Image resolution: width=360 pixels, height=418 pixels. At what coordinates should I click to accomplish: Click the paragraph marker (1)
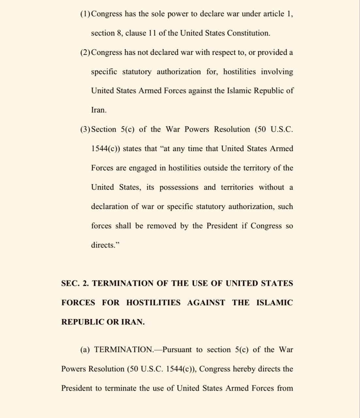tap(86, 14)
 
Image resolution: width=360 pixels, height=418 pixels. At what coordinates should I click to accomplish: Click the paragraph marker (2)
tap(86, 53)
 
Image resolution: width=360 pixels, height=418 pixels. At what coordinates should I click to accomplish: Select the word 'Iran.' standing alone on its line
tap(99, 110)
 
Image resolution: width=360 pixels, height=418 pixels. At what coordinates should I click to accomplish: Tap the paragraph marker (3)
tap(86, 129)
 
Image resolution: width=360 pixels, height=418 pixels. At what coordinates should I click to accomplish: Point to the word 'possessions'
tap(179, 187)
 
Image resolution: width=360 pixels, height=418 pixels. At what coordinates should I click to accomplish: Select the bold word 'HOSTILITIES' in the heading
tap(153, 303)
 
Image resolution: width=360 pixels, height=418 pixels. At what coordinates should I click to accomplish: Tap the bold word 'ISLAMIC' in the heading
tap(274, 303)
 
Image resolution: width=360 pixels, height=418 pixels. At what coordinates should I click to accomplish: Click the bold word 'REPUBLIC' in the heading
tap(83, 322)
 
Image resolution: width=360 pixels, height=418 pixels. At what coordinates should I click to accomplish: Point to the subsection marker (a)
tap(85, 350)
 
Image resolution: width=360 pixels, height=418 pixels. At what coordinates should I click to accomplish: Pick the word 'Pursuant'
tap(177, 350)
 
